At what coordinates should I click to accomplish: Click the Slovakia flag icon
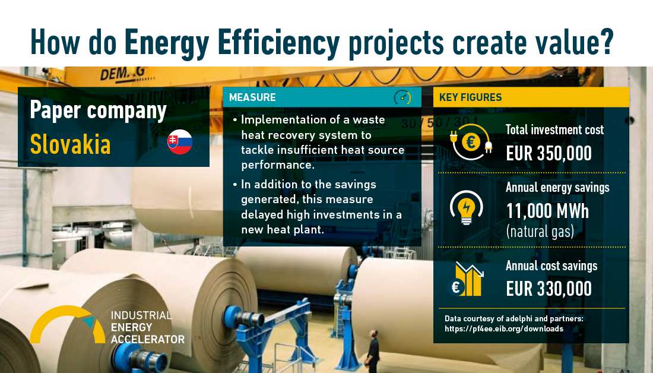pos(179,142)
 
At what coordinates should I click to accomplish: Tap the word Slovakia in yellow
pos(71,144)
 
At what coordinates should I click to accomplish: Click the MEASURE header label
pos(252,97)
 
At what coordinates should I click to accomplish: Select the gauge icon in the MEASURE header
pos(402,97)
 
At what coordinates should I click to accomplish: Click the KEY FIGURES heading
pos(471,97)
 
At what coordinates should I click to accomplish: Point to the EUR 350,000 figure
pos(549,153)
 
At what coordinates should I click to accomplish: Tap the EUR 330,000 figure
pos(549,289)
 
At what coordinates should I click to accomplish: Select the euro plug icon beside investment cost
pos(471,142)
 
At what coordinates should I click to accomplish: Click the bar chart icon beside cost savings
pos(465,279)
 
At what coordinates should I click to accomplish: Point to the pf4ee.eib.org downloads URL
pos(504,329)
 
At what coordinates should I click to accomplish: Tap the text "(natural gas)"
pos(540,231)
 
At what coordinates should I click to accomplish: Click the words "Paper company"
pos(99,111)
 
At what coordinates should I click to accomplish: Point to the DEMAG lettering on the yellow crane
pos(123,75)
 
